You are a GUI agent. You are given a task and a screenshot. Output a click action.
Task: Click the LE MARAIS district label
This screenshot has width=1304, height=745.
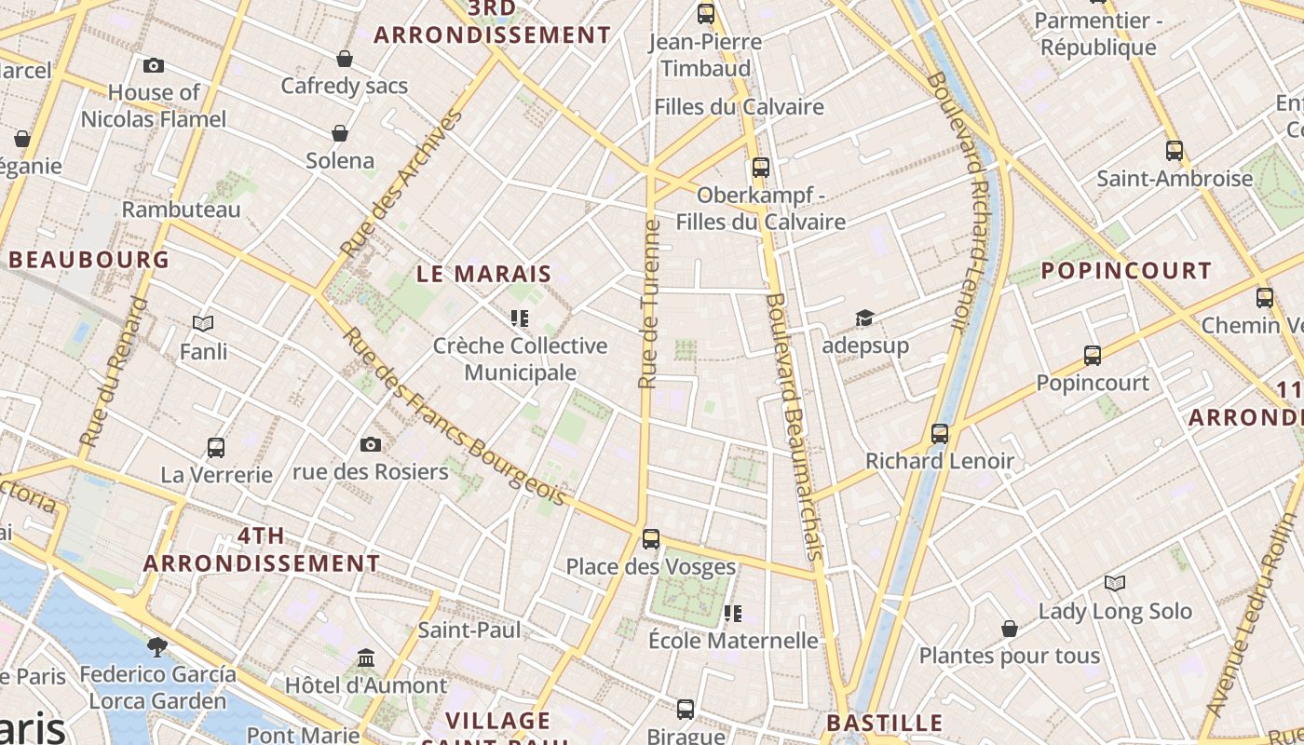[x=484, y=274]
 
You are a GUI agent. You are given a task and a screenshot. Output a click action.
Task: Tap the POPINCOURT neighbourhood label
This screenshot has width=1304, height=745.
[x=1126, y=271]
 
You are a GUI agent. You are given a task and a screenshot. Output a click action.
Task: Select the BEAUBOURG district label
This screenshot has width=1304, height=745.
[x=89, y=260]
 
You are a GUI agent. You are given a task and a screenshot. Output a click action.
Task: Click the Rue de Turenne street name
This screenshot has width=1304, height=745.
[x=649, y=304]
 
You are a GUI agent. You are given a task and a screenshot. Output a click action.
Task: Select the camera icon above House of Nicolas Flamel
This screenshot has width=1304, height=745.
[x=154, y=65]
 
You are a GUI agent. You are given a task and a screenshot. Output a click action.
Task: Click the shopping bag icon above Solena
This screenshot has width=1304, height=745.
[x=340, y=133]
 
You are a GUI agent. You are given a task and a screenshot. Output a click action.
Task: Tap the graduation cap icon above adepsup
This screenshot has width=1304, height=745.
[x=864, y=318]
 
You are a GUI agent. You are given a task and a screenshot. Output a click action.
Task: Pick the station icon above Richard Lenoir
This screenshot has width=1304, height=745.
[x=940, y=434]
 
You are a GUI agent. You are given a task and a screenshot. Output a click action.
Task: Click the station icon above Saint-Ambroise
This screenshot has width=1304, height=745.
[x=1175, y=150]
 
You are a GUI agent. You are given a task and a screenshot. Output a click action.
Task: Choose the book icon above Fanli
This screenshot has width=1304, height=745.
[x=203, y=324]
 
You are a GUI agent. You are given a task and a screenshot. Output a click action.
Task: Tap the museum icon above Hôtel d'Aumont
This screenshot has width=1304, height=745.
[x=366, y=658]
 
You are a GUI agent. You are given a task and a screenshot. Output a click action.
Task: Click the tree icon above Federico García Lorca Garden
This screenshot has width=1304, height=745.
[x=157, y=646]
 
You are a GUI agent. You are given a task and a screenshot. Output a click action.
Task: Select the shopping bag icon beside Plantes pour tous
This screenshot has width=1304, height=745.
[x=1009, y=630]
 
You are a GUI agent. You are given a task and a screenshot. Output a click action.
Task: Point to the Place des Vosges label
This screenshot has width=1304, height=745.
[x=651, y=566]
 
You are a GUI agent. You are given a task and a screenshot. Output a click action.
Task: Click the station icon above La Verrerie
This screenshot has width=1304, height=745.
[x=216, y=448]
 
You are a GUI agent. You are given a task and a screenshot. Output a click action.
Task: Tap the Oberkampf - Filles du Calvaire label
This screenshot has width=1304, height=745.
[x=761, y=209]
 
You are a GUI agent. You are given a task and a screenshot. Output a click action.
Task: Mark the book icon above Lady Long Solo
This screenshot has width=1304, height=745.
[x=1115, y=584]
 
